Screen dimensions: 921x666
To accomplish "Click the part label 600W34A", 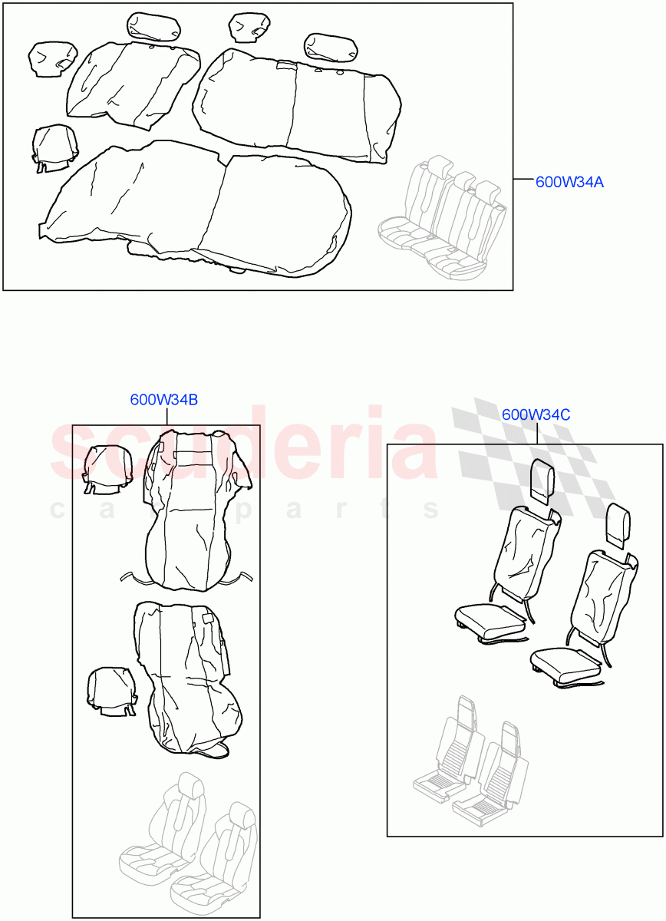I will [x=569, y=182].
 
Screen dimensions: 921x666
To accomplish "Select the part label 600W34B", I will [x=164, y=400].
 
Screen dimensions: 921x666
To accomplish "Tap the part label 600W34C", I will [x=536, y=415].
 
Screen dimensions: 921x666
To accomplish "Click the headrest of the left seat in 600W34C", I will [x=543, y=480].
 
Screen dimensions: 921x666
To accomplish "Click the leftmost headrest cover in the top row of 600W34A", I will [x=52, y=58].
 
